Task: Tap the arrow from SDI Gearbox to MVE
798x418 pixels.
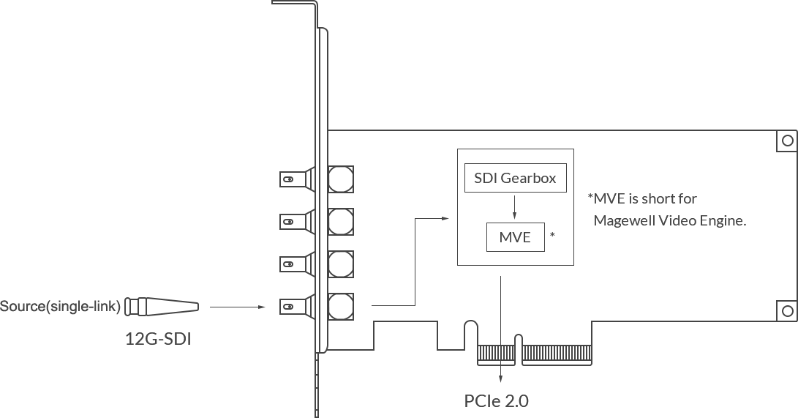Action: coord(514,206)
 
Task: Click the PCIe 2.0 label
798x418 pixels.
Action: coord(496,401)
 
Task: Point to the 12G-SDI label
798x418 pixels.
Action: coord(158,339)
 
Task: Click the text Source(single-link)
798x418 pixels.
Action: coord(60,307)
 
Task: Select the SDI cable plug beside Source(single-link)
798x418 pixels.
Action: coord(162,307)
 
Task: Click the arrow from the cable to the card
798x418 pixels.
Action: coord(238,307)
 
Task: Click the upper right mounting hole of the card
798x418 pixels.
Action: coord(787,141)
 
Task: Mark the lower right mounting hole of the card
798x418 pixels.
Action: coord(787,310)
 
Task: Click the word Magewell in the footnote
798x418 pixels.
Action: coord(624,220)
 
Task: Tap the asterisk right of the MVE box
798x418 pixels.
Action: coord(552,235)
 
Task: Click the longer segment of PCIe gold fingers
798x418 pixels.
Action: coord(557,355)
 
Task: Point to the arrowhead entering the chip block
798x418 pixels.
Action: coord(445,218)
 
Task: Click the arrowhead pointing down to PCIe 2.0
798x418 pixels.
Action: coord(501,378)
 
